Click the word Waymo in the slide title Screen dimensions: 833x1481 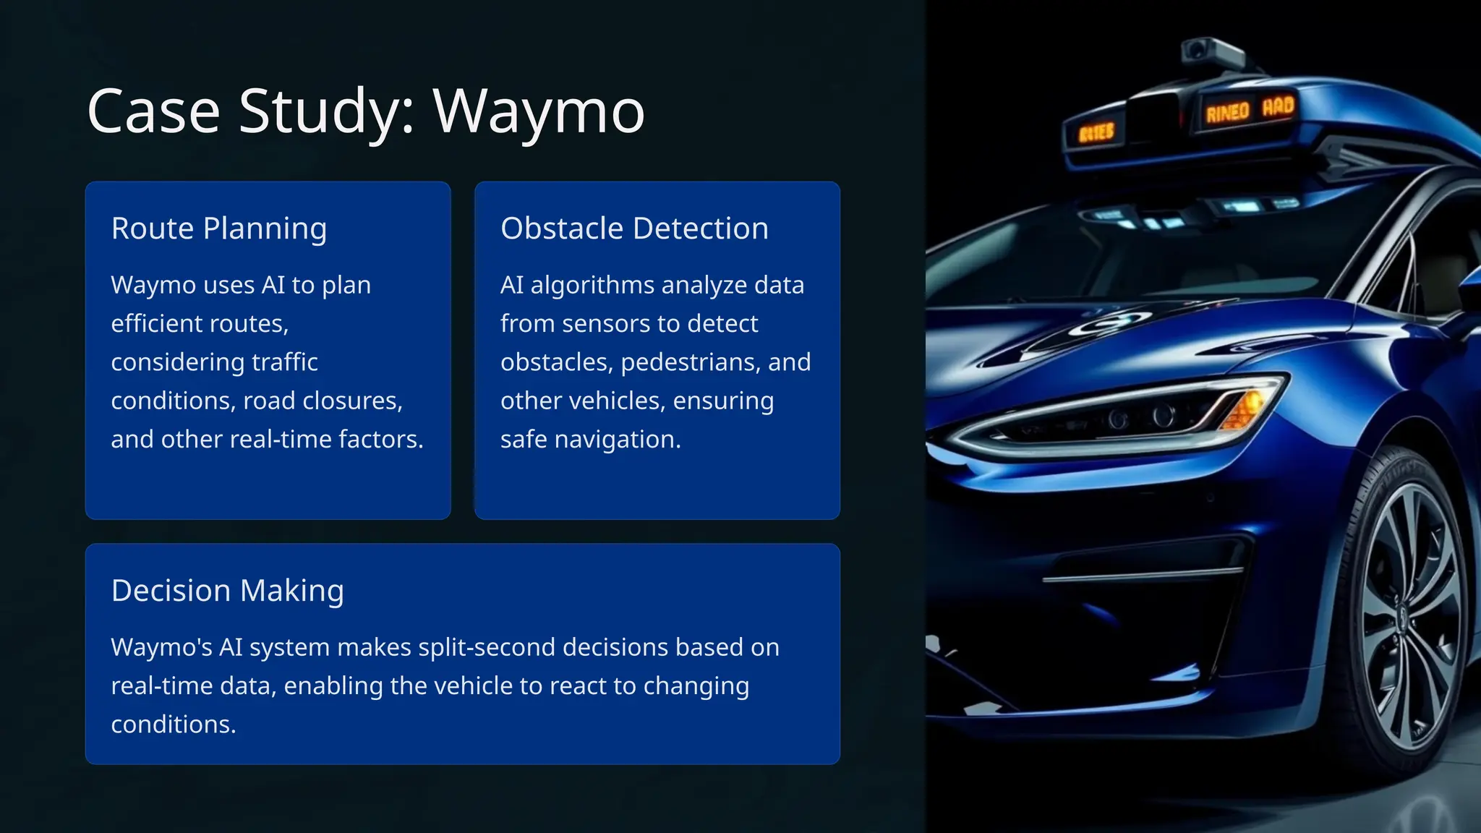(x=538, y=112)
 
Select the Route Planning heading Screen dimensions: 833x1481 (x=218, y=228)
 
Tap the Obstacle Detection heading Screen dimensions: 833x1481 (x=634, y=228)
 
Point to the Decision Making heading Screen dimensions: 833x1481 (x=227, y=591)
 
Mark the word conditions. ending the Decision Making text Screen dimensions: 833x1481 (x=174, y=725)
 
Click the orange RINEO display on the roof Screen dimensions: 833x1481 (x=1227, y=112)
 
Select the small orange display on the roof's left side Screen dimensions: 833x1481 (x=1096, y=133)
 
